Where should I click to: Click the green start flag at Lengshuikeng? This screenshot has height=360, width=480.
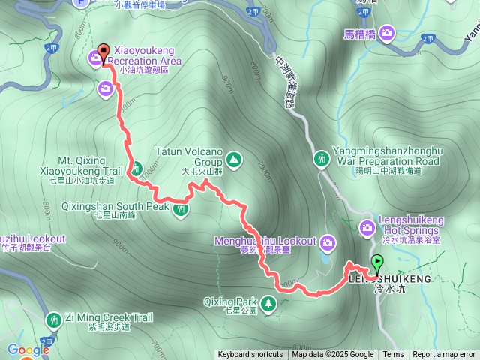click(377, 262)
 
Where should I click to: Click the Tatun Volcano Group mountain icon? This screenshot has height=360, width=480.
click(234, 159)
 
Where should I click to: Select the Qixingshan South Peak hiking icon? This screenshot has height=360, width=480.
click(180, 209)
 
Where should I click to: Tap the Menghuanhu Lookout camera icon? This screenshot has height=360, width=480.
click(328, 241)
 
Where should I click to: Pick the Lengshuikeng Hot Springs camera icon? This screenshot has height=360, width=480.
click(367, 229)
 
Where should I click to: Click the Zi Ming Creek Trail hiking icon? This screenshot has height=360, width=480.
click(53, 320)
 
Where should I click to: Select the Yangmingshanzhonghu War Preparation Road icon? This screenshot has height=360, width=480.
click(322, 159)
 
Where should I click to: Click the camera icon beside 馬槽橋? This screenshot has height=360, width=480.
click(386, 32)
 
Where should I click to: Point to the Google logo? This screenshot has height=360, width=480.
click(28, 349)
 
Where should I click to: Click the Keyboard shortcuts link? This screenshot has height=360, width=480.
click(250, 355)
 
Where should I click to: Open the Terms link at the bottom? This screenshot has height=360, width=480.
click(393, 355)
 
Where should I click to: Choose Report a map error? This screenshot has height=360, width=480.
click(445, 355)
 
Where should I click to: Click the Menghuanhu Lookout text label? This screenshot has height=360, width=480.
click(265, 241)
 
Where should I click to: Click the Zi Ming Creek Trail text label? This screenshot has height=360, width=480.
click(98, 316)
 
